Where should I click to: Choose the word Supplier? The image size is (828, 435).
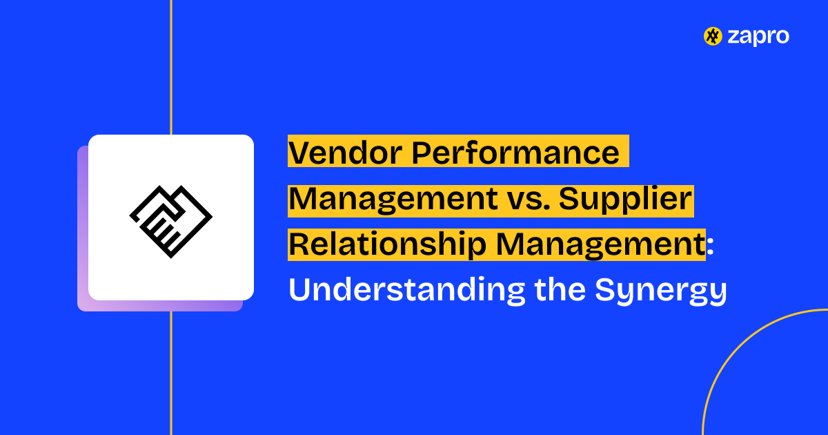[625, 200]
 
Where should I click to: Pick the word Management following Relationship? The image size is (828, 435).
[595, 245]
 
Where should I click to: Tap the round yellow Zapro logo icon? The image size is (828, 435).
[712, 37]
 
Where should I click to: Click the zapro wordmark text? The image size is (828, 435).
[758, 37]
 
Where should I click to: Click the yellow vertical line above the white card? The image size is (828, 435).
[170, 69]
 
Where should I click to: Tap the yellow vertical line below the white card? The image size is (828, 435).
[170, 373]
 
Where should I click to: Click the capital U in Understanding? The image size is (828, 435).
[299, 291]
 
